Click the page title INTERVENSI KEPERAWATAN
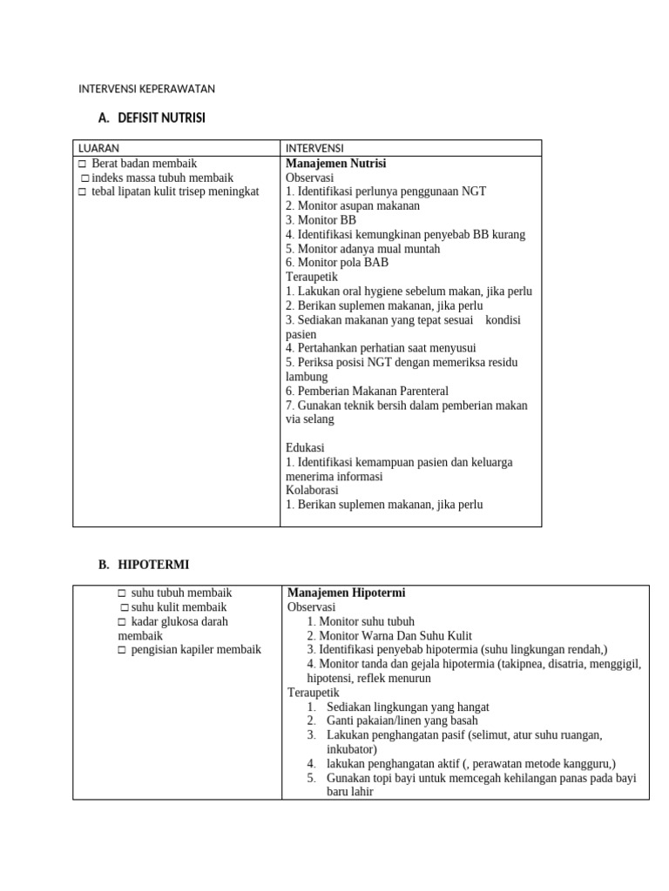[x=146, y=89]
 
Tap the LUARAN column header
[x=98, y=148]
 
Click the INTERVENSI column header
[x=314, y=148]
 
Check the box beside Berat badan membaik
[x=82, y=164]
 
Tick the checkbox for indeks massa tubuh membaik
[x=85, y=178]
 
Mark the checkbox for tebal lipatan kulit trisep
[x=82, y=191]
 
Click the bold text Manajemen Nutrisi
[x=335, y=163]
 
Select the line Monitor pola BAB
[x=336, y=262]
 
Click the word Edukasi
[x=305, y=447]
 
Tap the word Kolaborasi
[x=312, y=490]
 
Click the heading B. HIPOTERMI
[x=143, y=565]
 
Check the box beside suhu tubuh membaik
[x=122, y=593]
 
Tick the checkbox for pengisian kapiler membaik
[x=122, y=650]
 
